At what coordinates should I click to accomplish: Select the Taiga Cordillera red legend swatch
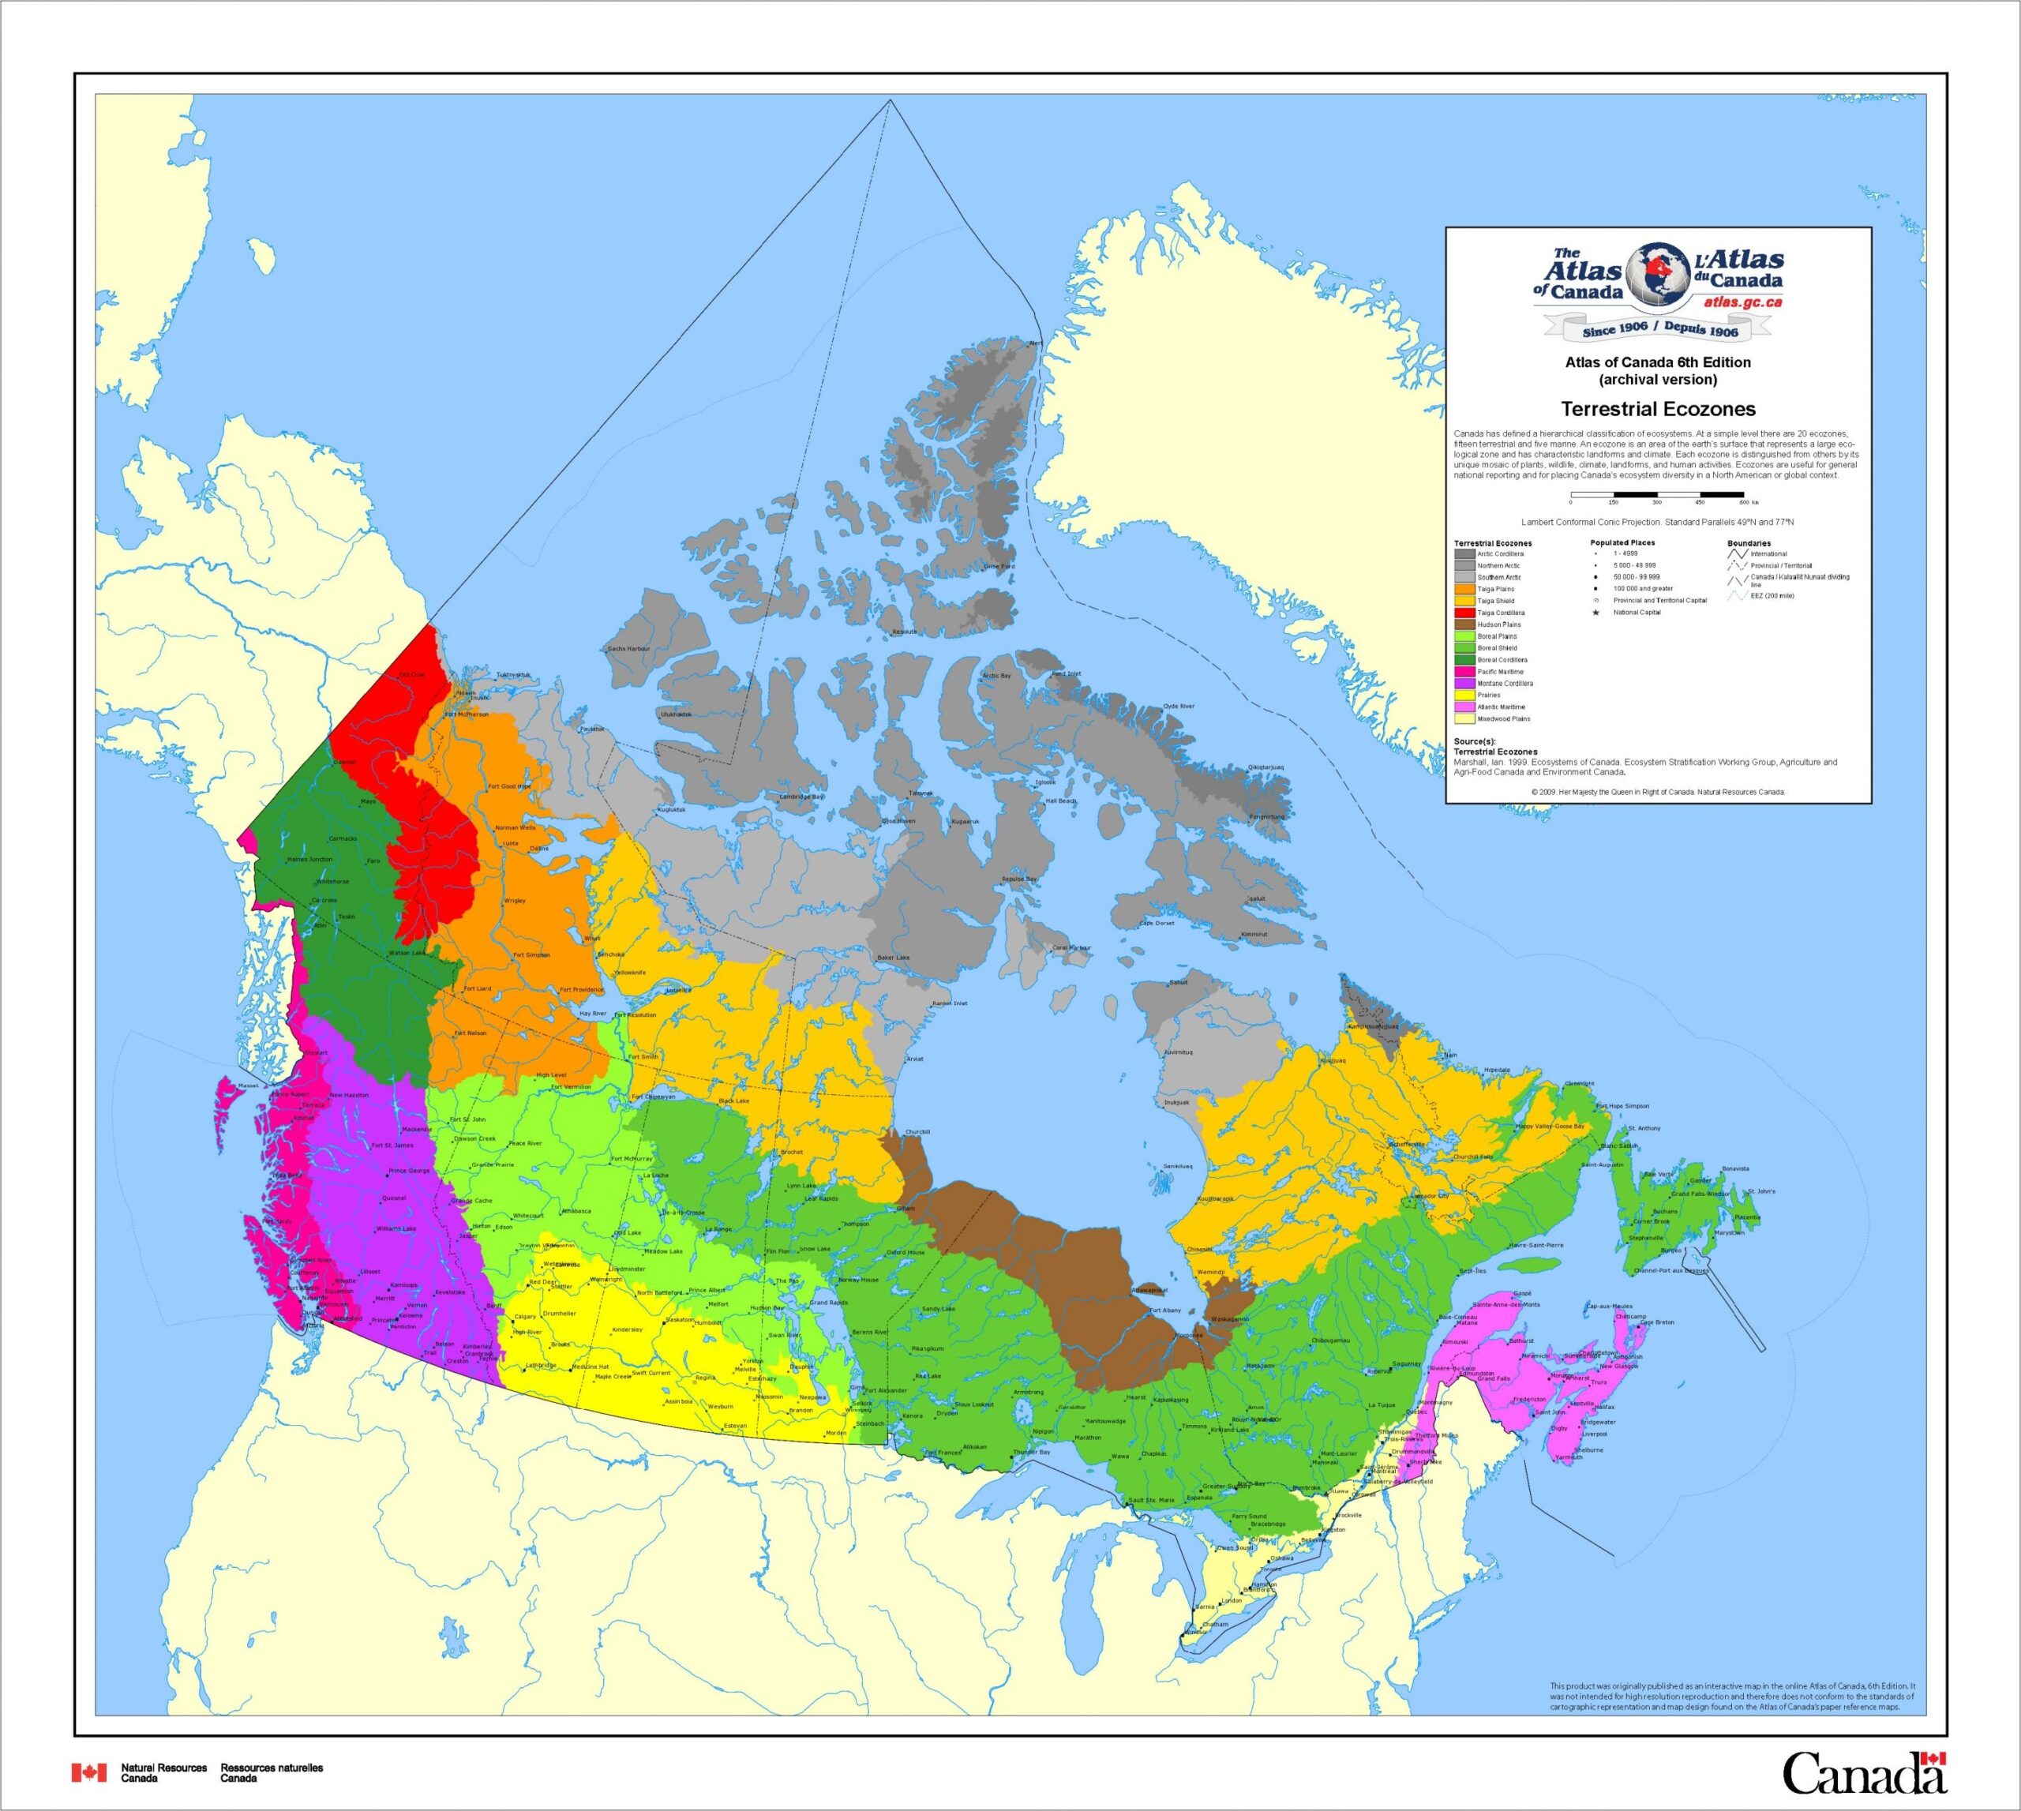click(1464, 613)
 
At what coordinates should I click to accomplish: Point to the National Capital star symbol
click(1596, 613)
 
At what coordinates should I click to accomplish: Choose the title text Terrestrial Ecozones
click(1658, 409)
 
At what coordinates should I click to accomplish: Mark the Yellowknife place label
click(630, 972)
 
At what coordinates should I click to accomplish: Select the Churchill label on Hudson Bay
click(917, 1131)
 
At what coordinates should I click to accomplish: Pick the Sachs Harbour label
click(629, 649)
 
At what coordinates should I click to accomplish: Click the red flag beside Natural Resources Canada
click(88, 1772)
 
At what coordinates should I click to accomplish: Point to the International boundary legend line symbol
click(1738, 554)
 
